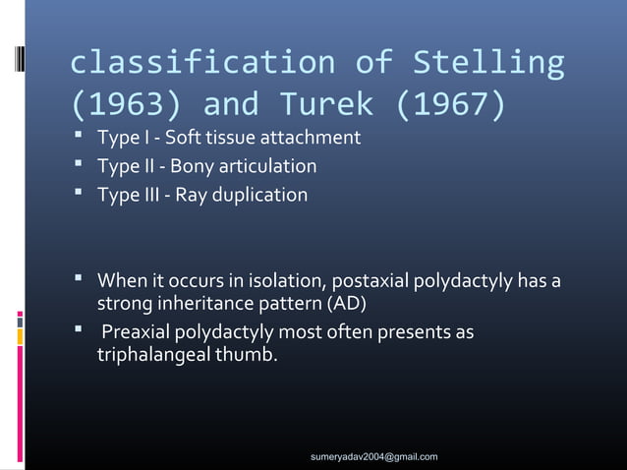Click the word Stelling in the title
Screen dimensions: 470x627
pos(488,65)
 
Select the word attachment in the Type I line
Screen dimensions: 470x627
pos(307,136)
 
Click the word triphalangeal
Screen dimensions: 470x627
pos(157,354)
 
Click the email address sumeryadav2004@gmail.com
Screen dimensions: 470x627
pos(373,457)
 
